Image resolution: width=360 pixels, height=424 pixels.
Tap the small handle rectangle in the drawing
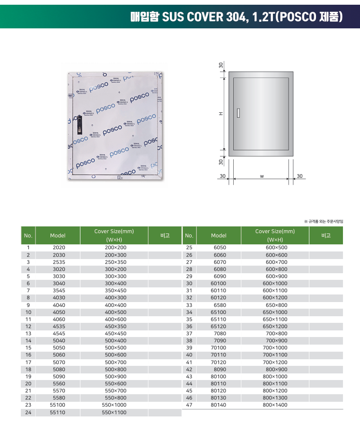coord(238,113)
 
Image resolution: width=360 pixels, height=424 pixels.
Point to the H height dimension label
coord(221,114)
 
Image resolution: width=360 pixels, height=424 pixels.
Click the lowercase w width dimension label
coord(262,176)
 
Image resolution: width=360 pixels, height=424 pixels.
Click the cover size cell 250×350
coord(115,262)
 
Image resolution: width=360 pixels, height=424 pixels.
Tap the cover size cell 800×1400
coord(275,405)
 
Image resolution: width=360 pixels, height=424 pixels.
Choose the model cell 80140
coord(218,405)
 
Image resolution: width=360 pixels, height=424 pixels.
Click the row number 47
coord(189,405)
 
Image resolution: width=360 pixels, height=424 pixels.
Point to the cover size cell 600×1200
coord(275,298)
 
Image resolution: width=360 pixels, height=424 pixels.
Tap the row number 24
coord(28,412)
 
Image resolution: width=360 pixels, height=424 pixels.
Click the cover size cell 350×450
coord(115,290)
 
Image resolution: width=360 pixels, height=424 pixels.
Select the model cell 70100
coord(218,347)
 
